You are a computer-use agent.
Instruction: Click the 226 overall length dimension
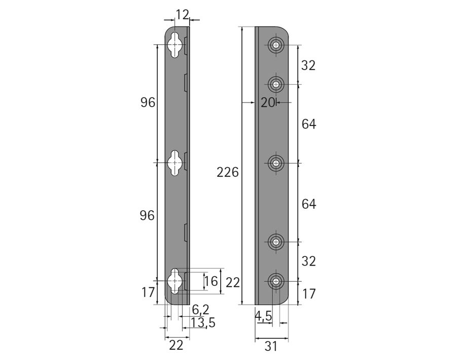(x=227, y=172)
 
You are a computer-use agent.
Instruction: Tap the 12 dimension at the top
(x=182, y=15)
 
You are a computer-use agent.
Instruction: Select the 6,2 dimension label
(x=201, y=310)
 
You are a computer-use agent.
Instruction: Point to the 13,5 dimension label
(x=203, y=323)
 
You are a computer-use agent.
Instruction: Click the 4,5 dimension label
(x=263, y=316)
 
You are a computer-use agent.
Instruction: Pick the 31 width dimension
(x=271, y=346)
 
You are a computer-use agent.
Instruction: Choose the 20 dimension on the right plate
(x=267, y=103)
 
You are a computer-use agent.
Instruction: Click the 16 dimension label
(x=211, y=281)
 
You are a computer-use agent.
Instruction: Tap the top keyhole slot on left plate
(x=175, y=45)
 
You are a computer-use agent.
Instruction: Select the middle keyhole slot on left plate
(x=175, y=163)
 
